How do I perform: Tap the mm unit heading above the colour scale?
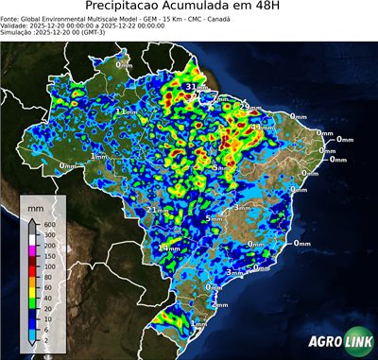click(36, 206)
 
